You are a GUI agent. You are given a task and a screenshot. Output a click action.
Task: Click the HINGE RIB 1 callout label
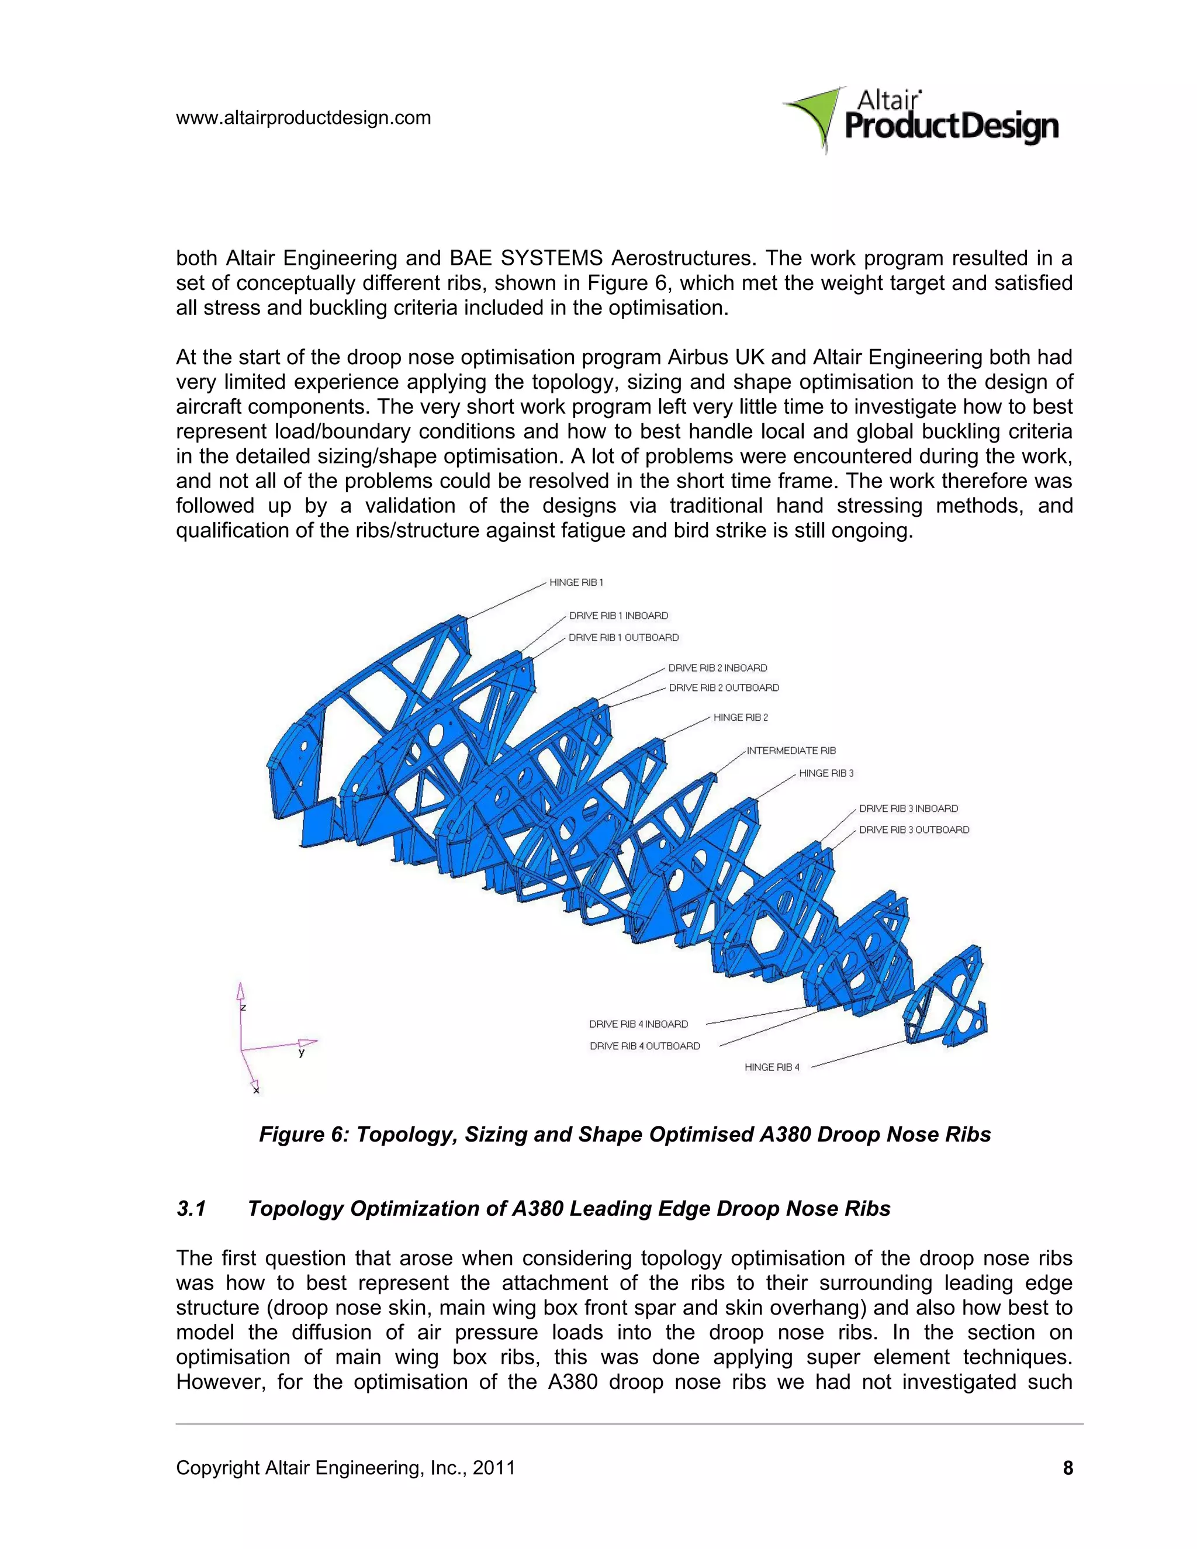point(576,582)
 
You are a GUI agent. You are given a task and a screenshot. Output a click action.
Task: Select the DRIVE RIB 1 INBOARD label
point(618,616)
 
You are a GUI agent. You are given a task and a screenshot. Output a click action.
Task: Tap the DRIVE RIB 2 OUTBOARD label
point(724,687)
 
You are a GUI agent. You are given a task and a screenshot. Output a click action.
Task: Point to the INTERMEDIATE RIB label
point(791,751)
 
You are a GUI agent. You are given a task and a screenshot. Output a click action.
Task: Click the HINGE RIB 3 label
point(826,773)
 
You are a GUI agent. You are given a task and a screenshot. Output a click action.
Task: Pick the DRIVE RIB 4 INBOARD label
point(638,1024)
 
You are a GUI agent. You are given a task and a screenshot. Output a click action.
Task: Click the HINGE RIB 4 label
point(772,1067)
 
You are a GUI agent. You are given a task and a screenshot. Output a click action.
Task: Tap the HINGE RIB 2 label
point(741,717)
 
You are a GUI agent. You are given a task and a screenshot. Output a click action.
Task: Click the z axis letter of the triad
point(243,1007)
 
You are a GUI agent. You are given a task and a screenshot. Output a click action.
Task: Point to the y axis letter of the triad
point(302,1053)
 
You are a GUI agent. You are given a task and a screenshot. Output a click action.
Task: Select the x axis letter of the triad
point(256,1090)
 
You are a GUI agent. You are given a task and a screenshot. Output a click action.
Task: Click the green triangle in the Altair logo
point(815,117)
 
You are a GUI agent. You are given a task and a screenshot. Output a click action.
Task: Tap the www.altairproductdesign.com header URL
point(303,117)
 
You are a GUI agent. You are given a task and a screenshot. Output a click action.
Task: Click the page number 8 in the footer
point(1067,1467)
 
